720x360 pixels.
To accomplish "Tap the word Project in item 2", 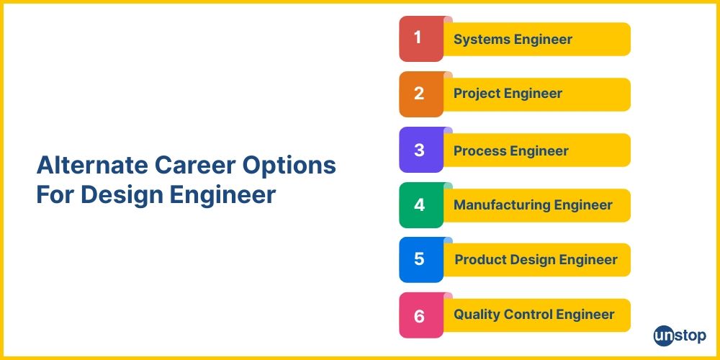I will [477, 94].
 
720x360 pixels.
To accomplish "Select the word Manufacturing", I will [496, 205].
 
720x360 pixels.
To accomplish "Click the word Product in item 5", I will [480, 260].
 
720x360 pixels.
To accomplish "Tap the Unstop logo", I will [680, 336].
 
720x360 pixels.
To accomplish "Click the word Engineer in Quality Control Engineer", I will [587, 315].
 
